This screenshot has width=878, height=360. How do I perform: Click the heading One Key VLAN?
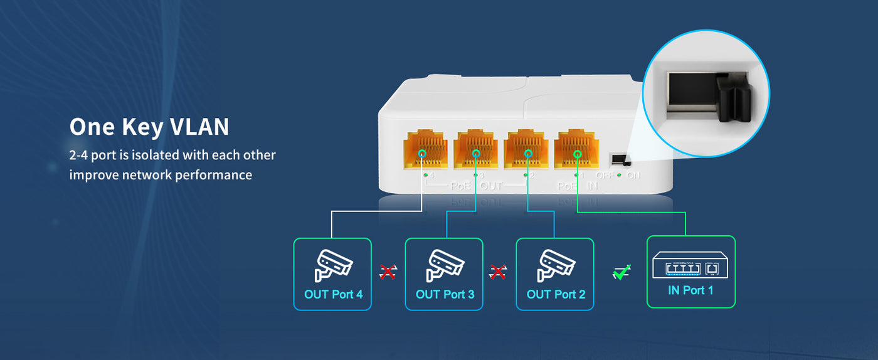149,127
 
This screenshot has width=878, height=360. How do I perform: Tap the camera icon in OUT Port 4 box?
333,266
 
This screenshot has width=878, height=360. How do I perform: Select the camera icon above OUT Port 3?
445,266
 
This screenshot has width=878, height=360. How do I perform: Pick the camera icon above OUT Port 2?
556,266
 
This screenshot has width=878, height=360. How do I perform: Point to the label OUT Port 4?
333,294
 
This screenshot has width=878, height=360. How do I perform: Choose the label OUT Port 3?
445,294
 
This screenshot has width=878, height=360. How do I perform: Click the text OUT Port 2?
556,294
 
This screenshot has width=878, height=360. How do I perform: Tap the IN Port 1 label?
690,290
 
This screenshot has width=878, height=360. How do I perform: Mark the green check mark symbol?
621,273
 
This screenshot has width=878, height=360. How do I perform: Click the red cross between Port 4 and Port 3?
388,272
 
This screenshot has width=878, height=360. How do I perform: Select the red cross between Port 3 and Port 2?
499,272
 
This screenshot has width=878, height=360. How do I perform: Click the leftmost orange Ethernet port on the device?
425,149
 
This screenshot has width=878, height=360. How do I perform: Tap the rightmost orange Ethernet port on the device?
575,149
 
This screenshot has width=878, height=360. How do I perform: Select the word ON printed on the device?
633,176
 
